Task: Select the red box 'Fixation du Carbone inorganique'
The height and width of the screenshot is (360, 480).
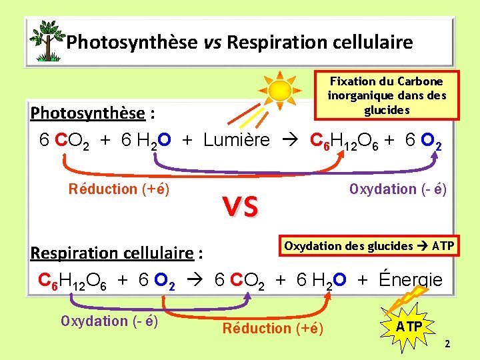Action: [x=387, y=95]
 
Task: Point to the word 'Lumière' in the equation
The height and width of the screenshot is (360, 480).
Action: [x=237, y=140]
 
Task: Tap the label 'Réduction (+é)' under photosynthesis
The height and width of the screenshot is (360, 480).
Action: [x=119, y=189]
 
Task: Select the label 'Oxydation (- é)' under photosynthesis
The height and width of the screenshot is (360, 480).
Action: [x=398, y=189]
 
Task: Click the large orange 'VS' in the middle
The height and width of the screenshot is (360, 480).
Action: [x=241, y=208]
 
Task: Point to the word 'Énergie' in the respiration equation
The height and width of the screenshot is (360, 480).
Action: [x=410, y=279]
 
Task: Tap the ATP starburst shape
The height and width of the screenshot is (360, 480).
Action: [x=409, y=327]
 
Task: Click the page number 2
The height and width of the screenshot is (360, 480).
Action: [x=447, y=344]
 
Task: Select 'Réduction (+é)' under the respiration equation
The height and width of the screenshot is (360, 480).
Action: [x=273, y=328]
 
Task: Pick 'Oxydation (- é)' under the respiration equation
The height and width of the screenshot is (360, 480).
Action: [x=109, y=321]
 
